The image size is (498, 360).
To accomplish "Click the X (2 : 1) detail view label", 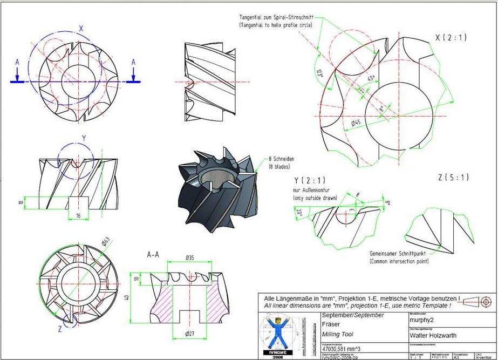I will (451, 38).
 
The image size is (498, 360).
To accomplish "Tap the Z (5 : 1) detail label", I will (453, 177).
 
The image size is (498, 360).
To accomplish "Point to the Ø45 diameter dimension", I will (356, 123).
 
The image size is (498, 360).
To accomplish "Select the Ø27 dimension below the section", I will (189, 334).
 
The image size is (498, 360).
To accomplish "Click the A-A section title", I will (153, 253).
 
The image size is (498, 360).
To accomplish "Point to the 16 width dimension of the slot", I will (79, 215).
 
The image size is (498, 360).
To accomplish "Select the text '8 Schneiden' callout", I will (284, 159).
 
